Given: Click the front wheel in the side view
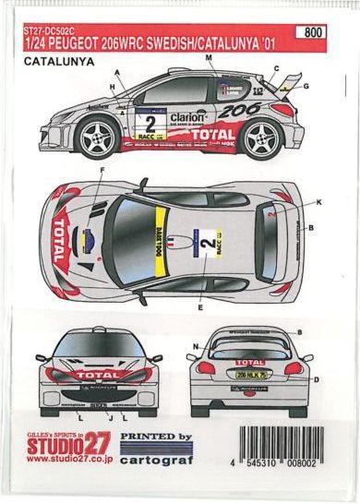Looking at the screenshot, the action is (99, 138).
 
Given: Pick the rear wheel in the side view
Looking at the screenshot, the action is (263, 138).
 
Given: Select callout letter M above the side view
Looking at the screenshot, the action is (210, 58).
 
